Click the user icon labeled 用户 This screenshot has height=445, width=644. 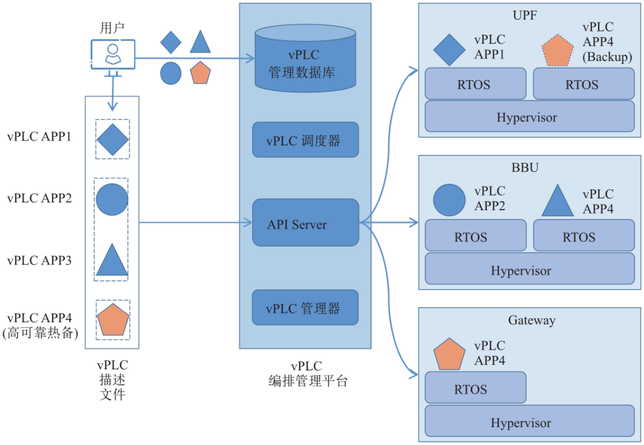click(x=112, y=55)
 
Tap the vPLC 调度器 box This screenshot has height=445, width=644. click(x=305, y=140)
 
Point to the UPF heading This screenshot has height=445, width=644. click(x=525, y=15)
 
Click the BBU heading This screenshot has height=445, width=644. click(x=525, y=167)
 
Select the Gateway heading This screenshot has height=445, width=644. click(x=531, y=320)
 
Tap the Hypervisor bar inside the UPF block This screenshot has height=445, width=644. click(x=529, y=116)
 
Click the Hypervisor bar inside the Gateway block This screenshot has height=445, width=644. click(x=529, y=422)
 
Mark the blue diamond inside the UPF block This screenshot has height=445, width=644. click(x=449, y=50)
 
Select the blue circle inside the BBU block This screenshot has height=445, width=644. click(x=449, y=200)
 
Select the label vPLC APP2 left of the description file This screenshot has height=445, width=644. click(x=39, y=198)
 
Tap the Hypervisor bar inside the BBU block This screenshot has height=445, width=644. click(x=529, y=270)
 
